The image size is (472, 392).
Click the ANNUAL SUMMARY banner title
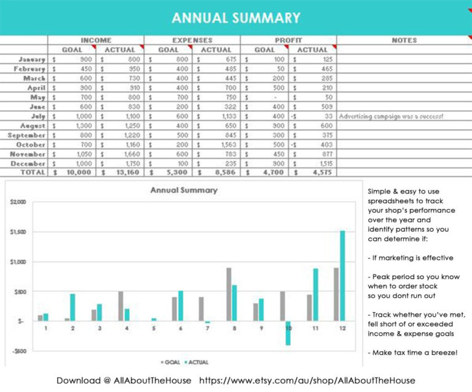tap(236, 18)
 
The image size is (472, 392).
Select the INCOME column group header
tap(96, 40)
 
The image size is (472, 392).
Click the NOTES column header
tap(404, 40)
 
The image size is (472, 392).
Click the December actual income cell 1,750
tap(120, 163)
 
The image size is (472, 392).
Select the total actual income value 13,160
tap(120, 173)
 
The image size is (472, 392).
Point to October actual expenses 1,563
tap(216, 144)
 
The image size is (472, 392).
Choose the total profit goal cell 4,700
tap(264, 173)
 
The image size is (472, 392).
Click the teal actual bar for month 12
tap(342, 275)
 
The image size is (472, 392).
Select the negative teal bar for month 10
tap(288, 332)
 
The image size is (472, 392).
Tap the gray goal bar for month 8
tap(229, 294)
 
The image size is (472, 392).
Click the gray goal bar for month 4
tap(120, 306)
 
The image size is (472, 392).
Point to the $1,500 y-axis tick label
tap(18, 232)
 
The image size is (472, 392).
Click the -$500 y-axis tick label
tap(18, 351)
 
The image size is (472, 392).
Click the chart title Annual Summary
tap(184, 190)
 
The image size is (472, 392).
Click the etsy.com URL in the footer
tap(307, 381)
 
